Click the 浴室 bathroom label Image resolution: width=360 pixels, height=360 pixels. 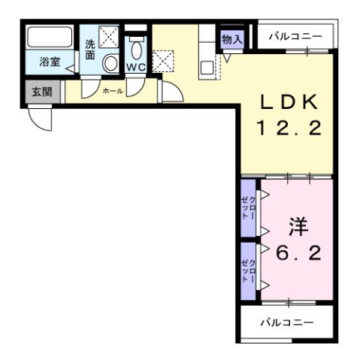click(x=51, y=63)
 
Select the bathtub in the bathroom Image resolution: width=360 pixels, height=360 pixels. click(x=50, y=38)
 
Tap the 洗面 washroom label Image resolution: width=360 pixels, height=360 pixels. click(x=90, y=49)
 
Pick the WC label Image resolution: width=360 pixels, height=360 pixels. click(x=136, y=67)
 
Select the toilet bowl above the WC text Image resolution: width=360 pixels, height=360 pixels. click(x=136, y=49)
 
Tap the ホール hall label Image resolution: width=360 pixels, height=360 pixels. click(x=113, y=90)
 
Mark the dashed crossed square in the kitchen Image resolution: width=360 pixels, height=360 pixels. click(x=162, y=59)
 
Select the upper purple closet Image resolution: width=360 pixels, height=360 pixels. click(x=249, y=207)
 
